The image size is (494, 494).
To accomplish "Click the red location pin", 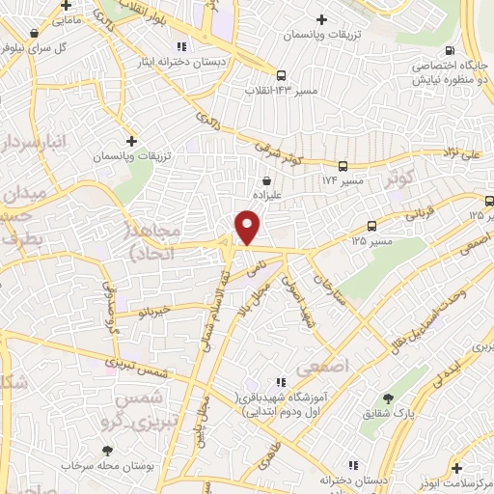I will click(248, 228).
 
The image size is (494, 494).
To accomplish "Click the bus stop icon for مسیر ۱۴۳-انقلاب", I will click(281, 75).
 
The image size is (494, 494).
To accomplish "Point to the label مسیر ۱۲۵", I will click(372, 238).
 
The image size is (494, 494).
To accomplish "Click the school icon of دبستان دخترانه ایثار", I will click(180, 45).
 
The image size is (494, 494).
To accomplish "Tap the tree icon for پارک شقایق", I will click(389, 398).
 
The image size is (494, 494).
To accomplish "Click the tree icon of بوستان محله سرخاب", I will click(106, 451).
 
